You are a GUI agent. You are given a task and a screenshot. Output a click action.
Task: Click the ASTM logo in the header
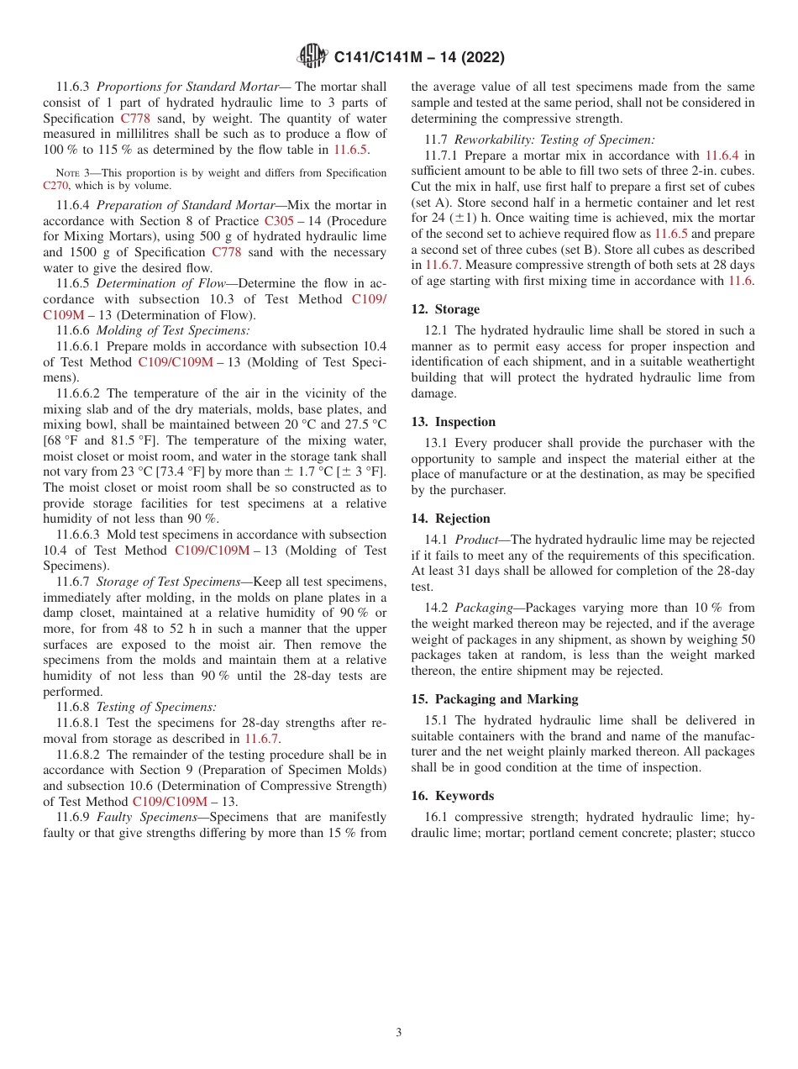point(312,57)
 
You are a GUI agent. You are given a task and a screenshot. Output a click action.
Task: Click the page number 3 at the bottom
point(399,1032)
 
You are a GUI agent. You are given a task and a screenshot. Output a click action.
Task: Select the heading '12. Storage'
point(445,309)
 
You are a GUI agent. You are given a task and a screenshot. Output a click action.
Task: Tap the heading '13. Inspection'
point(454,422)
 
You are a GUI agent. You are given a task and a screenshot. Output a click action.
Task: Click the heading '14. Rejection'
point(451,519)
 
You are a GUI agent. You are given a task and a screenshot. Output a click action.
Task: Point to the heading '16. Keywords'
point(453,796)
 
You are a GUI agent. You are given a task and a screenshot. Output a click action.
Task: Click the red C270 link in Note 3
point(55,186)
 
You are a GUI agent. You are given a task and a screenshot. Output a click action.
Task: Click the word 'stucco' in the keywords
point(735,832)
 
